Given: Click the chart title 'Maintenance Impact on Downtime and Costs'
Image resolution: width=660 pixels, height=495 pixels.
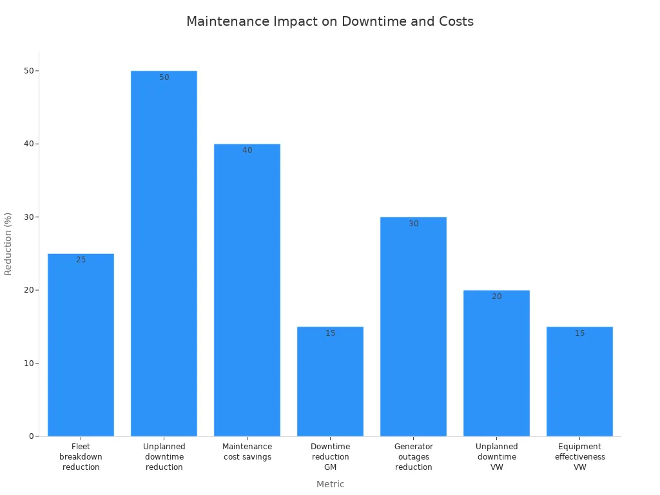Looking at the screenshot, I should (330, 21).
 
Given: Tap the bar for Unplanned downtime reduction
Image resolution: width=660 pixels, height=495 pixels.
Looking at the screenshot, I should (164, 258).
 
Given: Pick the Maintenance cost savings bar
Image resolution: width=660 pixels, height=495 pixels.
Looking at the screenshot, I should (247, 290).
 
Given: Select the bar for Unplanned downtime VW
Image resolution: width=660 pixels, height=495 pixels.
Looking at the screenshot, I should (496, 364).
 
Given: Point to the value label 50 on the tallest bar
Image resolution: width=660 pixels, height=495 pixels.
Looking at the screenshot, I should (164, 77).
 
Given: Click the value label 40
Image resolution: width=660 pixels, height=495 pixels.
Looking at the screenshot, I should (247, 150).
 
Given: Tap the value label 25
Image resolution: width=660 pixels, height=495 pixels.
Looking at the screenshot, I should (81, 260).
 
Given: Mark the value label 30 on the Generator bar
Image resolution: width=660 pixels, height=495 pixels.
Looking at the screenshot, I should (414, 224).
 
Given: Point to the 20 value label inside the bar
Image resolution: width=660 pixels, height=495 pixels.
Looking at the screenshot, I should (497, 296).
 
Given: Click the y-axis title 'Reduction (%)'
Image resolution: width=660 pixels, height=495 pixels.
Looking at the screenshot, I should (8, 244).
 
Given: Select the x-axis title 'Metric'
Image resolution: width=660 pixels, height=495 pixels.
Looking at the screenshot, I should (330, 484).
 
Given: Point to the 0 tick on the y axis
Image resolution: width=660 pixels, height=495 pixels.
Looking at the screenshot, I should (30, 436).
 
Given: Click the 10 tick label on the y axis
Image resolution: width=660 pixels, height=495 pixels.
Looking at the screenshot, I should (28, 364).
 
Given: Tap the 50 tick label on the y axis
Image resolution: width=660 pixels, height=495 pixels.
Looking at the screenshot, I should (28, 71).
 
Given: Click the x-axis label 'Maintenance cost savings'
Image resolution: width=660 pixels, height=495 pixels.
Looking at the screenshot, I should (247, 452).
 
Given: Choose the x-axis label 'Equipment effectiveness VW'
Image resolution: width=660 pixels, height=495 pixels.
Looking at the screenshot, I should (579, 456).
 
